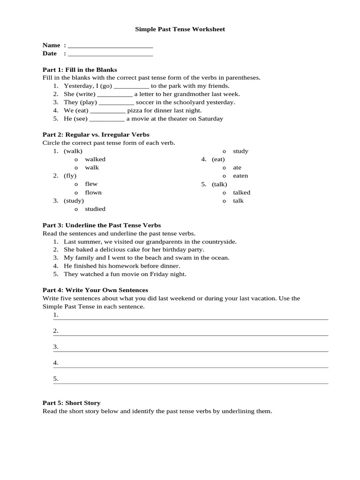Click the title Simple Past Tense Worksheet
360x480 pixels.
pos(180,29)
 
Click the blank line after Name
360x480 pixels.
pos(110,46)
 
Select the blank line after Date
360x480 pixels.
pos(110,54)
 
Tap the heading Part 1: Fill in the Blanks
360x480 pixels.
pos(80,69)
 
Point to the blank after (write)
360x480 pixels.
pos(115,94)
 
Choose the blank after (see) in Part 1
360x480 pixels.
pos(107,119)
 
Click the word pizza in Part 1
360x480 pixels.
pos(135,111)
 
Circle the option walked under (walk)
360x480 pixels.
pos(95,159)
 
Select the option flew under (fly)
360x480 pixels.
pos(91,184)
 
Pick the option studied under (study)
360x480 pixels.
pos(95,209)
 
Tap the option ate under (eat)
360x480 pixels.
pos(237,167)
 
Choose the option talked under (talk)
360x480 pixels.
pos(241,193)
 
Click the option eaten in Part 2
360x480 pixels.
pos(240,176)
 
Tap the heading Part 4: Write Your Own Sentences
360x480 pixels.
pos(95,290)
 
